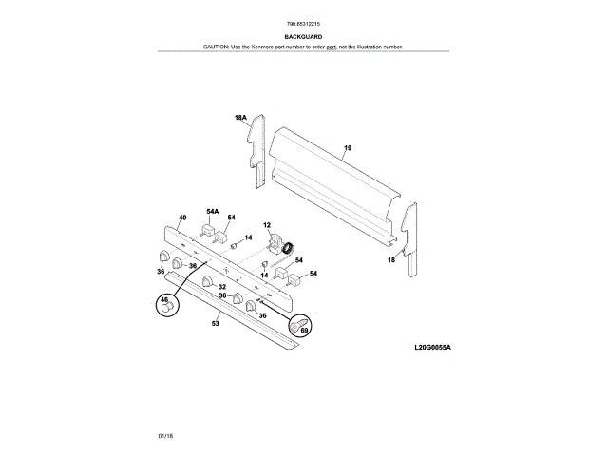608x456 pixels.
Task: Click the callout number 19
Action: point(348,148)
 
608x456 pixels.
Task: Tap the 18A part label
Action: point(240,119)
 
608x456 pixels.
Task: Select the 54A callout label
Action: point(212,211)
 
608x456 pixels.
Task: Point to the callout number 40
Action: point(182,218)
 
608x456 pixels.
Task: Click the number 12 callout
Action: point(267,225)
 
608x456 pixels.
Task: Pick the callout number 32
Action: point(221,286)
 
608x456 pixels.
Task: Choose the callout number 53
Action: point(215,324)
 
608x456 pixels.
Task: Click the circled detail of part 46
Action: point(167,306)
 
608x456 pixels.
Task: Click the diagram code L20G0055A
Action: point(432,348)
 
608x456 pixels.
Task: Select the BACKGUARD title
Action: point(303,37)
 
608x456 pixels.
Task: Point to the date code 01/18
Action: point(165,435)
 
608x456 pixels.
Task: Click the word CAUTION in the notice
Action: point(217,47)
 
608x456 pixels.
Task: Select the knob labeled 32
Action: point(207,281)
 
